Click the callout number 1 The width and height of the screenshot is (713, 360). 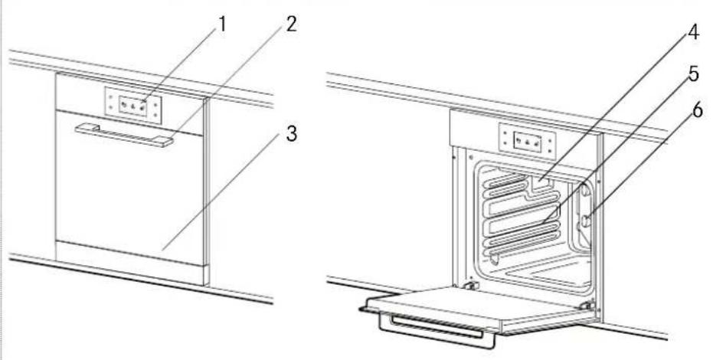pyautogui.click(x=221, y=26)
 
